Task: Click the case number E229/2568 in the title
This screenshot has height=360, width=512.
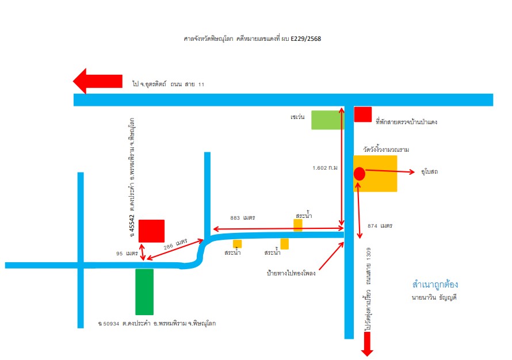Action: (x=305, y=39)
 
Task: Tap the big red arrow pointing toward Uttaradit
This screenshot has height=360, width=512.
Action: (x=97, y=81)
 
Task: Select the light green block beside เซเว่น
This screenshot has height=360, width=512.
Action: (x=327, y=120)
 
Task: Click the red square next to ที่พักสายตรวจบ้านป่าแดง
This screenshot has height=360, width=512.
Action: (x=363, y=114)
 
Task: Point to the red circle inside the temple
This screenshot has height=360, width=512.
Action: (x=359, y=174)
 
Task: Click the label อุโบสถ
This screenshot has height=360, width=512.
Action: (x=429, y=171)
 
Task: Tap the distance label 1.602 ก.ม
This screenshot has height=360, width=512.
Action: (x=325, y=168)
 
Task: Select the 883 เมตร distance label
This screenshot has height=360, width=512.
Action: (x=243, y=218)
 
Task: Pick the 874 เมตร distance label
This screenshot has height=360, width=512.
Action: (x=380, y=225)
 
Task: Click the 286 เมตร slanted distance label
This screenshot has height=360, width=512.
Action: (x=175, y=244)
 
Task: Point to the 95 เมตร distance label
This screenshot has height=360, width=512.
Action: (x=127, y=253)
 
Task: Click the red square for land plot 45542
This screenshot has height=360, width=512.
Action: (x=151, y=231)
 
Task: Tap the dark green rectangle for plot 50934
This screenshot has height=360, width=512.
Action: (x=144, y=292)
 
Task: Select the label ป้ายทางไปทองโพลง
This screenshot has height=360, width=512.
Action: (x=291, y=273)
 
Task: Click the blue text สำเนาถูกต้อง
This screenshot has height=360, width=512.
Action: (x=435, y=284)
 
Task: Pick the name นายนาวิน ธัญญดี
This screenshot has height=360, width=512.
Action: (x=434, y=297)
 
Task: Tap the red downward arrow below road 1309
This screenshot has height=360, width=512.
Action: (x=367, y=344)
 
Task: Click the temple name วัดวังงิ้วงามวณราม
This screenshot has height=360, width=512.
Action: (x=386, y=150)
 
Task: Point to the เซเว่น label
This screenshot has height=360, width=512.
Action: (x=297, y=117)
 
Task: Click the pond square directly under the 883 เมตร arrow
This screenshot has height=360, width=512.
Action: (x=298, y=225)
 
